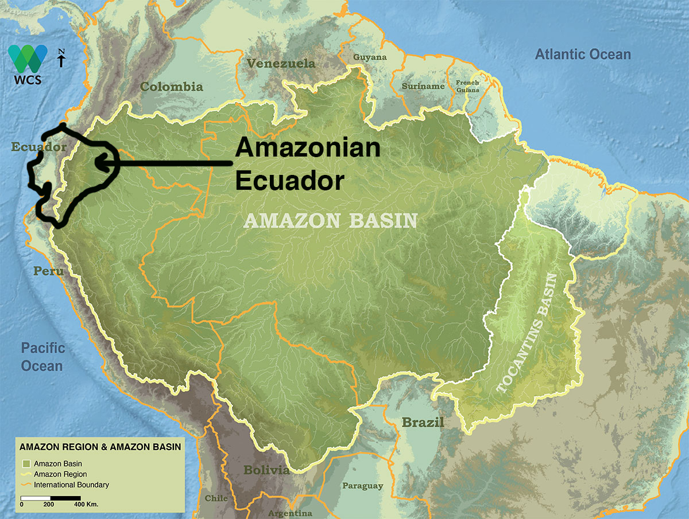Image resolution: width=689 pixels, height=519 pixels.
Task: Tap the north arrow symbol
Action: tap(61, 59)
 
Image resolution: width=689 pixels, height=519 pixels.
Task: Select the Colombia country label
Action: tap(172, 87)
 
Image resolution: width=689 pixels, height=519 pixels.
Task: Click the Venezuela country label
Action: tap(281, 63)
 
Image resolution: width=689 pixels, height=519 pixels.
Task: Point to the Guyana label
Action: tap(370, 57)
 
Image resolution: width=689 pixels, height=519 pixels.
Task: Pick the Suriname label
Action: tap(423, 86)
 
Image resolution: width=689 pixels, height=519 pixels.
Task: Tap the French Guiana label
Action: tap(467, 86)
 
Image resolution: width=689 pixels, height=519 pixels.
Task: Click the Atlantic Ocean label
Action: tap(583, 54)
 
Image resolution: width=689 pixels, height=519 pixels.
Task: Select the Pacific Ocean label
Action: tap(43, 356)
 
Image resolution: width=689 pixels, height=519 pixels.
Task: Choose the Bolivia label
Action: tap(266, 470)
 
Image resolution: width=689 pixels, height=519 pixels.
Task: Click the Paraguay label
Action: tap(362, 486)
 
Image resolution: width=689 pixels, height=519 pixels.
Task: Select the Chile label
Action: tap(216, 498)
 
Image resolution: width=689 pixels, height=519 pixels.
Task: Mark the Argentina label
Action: tap(290, 513)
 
